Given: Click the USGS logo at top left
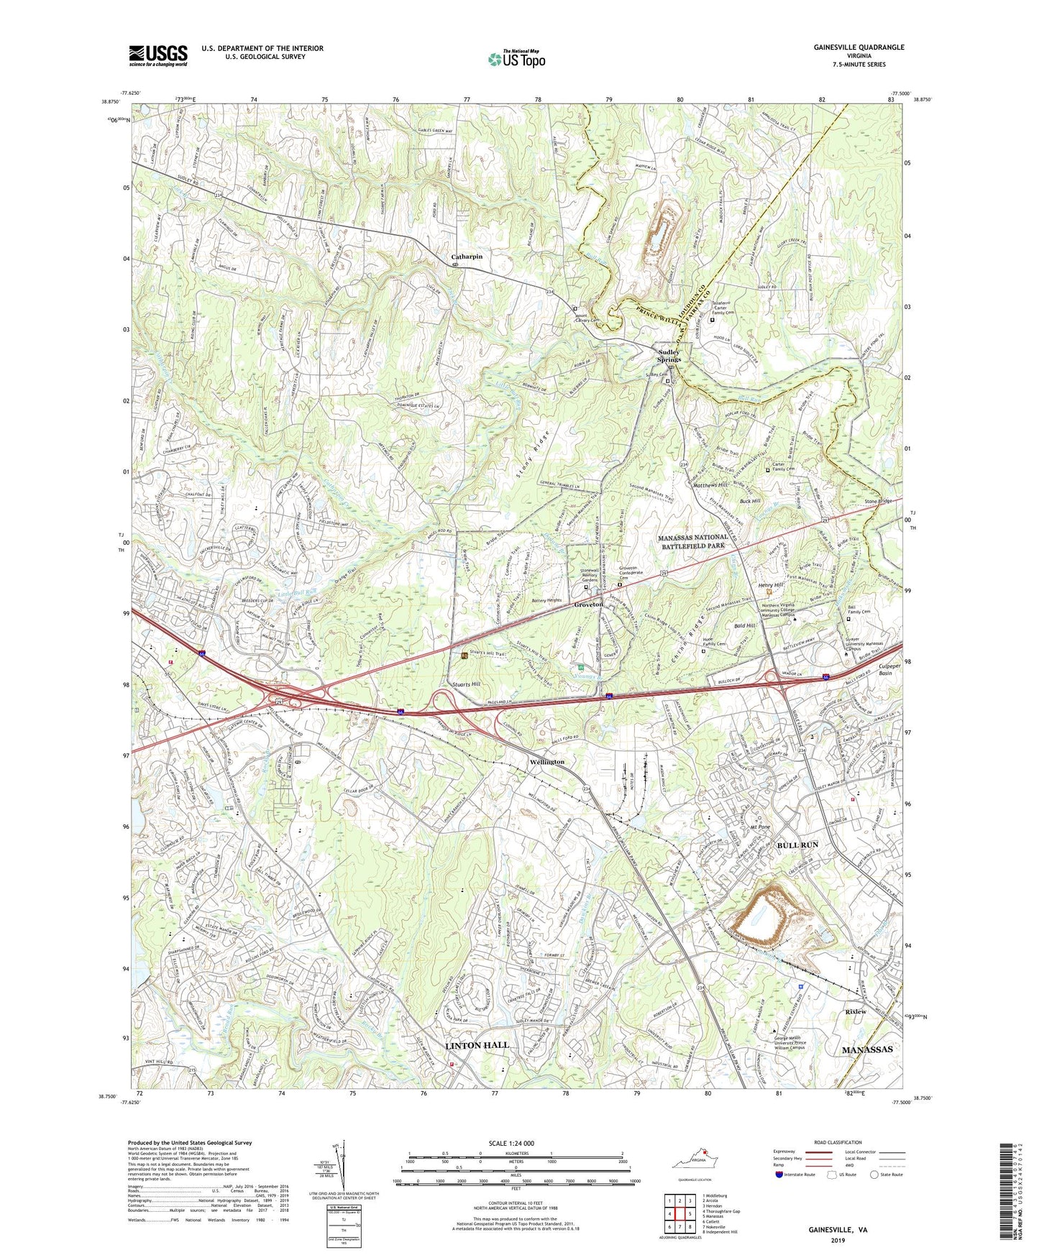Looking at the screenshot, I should point(157,55).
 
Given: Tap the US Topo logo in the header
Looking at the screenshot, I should point(516,60).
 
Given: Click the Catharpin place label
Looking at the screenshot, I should point(467,257).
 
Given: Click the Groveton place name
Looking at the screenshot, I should point(588,604).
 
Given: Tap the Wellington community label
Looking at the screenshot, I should point(546,761).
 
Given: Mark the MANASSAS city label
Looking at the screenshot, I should point(866,1049).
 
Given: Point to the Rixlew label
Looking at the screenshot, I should point(855,1011).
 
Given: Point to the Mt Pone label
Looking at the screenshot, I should point(759,827).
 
